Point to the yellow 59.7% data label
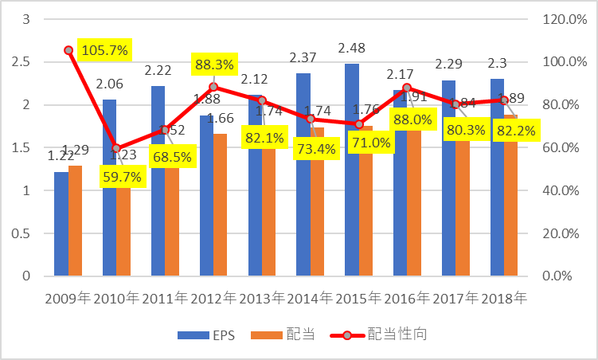point(122,177)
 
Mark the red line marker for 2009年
point(68,50)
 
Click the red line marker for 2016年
point(407,88)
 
